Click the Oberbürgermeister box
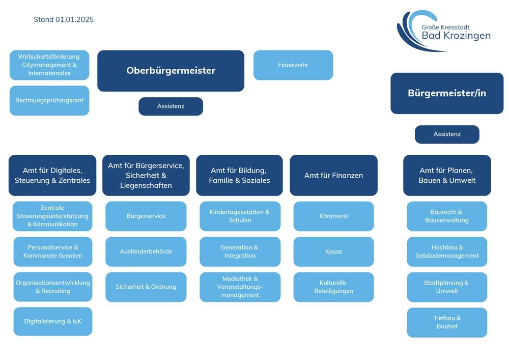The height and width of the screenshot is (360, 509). click(171, 71)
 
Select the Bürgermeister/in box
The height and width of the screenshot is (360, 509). click(447, 93)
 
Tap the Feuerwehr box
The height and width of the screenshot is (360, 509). click(293, 65)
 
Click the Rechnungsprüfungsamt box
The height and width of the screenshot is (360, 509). click(49, 100)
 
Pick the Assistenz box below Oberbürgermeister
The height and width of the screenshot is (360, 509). click(171, 106)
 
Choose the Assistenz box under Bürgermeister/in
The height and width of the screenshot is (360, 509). click(447, 134)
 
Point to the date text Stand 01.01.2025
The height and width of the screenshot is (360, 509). click(64, 20)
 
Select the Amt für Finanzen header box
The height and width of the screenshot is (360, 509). click(333, 175)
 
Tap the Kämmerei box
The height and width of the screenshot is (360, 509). click(333, 216)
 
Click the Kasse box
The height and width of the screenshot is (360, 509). click(333, 252)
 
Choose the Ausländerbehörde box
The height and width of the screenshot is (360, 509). click(146, 252)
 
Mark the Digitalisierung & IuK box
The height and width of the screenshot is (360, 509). click(52, 321)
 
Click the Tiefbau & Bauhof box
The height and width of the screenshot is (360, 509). click(447, 322)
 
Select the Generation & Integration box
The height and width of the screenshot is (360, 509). click(240, 252)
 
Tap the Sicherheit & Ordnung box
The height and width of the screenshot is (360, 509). click(146, 287)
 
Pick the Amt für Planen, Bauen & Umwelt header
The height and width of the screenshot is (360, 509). click(447, 175)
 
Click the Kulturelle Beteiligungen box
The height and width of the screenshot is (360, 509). click(333, 287)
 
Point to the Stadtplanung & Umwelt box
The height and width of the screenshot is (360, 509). click(447, 287)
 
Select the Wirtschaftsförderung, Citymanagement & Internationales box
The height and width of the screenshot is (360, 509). click(49, 65)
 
